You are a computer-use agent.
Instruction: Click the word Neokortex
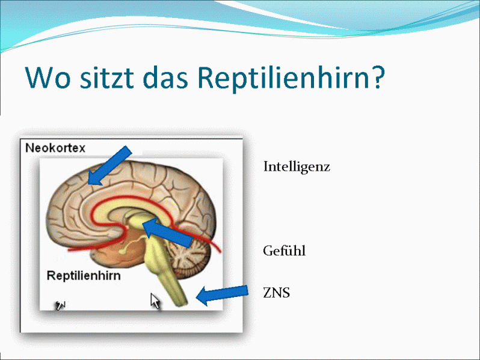tap(55, 148)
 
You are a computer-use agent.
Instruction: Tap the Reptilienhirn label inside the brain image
tap(84, 276)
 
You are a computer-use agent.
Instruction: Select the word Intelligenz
tap(297, 167)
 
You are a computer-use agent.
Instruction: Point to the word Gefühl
tap(284, 251)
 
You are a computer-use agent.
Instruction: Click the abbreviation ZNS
tap(277, 293)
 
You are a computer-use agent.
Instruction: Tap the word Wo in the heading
tap(48, 78)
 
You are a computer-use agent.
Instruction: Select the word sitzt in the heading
tap(107, 78)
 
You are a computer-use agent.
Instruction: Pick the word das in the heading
tap(165, 78)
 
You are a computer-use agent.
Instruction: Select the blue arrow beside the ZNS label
tap(221, 295)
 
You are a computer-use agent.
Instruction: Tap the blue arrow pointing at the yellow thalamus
tap(167, 233)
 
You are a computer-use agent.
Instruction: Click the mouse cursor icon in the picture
tap(155, 301)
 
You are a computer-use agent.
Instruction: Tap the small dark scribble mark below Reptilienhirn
tap(60, 305)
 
